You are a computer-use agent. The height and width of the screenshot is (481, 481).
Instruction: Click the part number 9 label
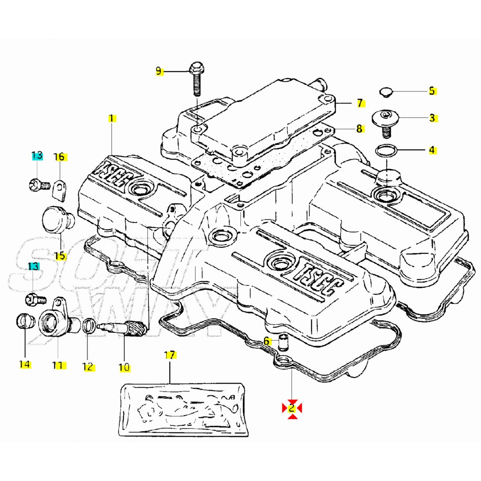[x=159, y=71]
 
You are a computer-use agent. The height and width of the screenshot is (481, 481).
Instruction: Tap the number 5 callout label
[x=432, y=91]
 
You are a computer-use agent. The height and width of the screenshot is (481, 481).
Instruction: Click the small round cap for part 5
[x=385, y=92]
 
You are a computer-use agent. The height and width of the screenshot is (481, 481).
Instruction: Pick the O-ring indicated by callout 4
[x=387, y=151]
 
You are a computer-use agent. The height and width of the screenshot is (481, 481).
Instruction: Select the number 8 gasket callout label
[x=359, y=129]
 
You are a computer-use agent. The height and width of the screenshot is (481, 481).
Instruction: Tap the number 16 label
[x=59, y=157]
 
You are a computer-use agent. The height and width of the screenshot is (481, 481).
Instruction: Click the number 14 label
[x=24, y=364]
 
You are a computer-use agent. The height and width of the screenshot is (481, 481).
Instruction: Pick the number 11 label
[x=57, y=366]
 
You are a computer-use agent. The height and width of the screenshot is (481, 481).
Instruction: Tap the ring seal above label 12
[x=89, y=325]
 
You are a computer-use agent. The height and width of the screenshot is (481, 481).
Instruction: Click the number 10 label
[x=124, y=367]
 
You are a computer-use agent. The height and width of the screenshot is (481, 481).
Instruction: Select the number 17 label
[x=170, y=355]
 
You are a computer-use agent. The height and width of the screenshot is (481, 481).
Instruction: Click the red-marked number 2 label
[x=292, y=408]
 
